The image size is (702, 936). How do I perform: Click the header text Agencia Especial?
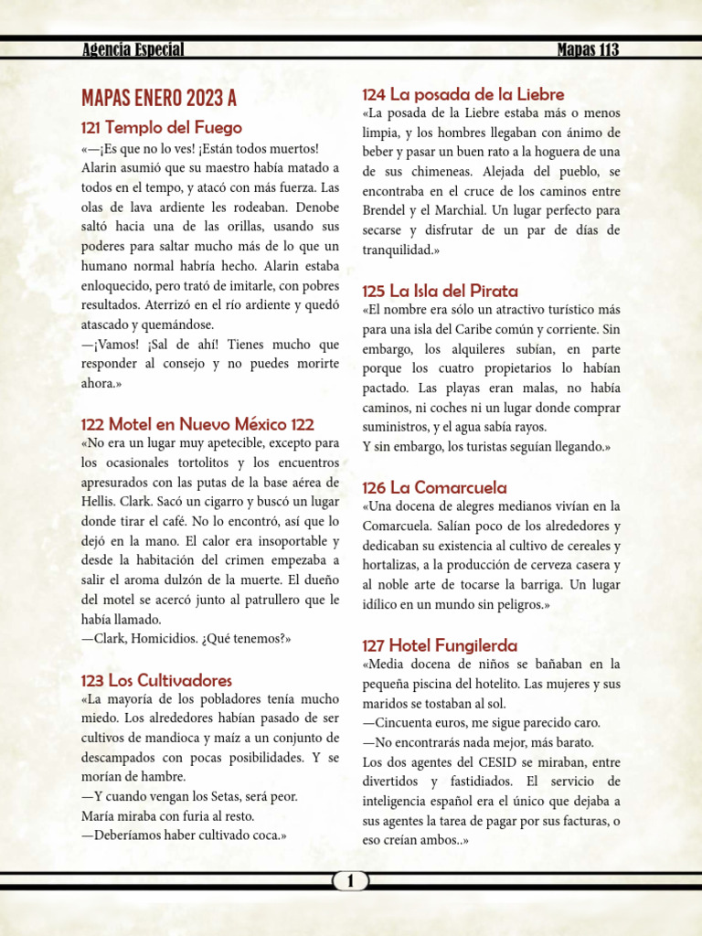[x=133, y=50]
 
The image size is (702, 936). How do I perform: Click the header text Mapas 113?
[x=588, y=50]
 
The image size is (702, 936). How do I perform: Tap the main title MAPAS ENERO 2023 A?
[x=159, y=98]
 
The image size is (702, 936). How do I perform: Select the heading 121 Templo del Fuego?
[x=162, y=128]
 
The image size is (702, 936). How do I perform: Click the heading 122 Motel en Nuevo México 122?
[x=197, y=424]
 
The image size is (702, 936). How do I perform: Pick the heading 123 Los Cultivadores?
[x=156, y=680]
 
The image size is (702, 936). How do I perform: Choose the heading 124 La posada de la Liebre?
[x=463, y=94]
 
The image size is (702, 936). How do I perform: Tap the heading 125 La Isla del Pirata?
[x=440, y=291]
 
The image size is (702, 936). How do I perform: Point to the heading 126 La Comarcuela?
[x=434, y=487]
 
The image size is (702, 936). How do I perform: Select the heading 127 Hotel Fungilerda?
[x=440, y=645]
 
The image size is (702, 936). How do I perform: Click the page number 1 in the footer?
[x=351, y=881]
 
